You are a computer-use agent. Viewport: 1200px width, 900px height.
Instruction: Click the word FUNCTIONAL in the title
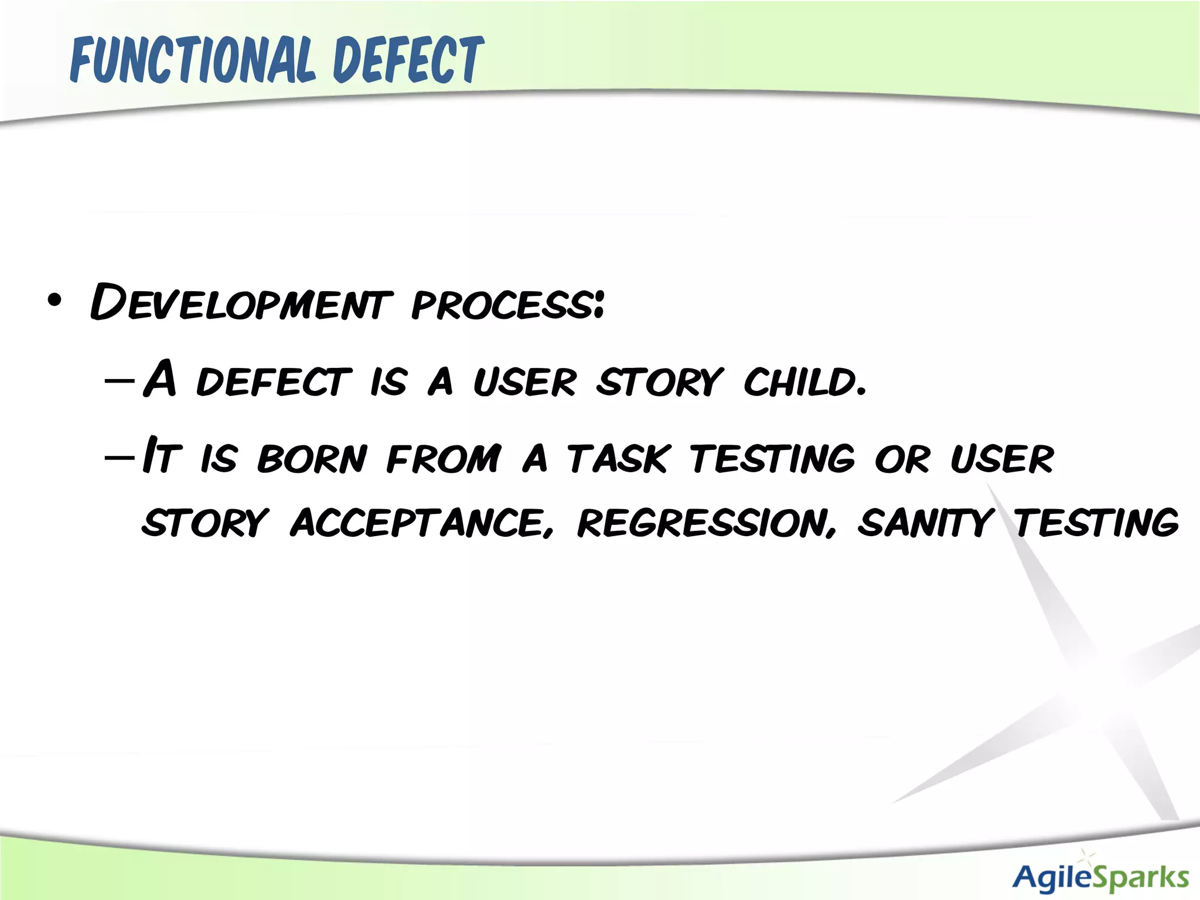[193, 60]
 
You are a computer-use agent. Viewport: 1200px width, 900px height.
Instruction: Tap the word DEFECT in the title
[408, 60]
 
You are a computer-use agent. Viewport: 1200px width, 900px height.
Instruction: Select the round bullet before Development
[54, 301]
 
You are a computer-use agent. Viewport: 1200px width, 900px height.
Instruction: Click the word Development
[240, 303]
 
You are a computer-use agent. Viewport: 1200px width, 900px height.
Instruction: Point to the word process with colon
[507, 305]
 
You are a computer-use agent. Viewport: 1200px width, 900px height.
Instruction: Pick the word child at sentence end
[804, 382]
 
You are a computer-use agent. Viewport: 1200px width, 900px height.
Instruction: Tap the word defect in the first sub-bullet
[274, 382]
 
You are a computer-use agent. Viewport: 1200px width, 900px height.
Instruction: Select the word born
[312, 459]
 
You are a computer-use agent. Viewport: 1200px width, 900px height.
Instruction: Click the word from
[444, 459]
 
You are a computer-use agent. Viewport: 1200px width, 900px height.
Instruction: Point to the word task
[618, 459]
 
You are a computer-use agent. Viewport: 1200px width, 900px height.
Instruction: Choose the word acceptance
[421, 523]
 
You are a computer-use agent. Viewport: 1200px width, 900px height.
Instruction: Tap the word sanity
[925, 523]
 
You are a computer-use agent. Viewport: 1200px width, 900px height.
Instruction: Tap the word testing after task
[772, 459]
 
